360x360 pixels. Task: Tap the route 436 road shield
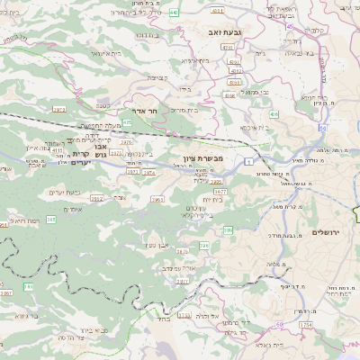273,114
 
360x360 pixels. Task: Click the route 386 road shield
228,230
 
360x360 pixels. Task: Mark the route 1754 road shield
306,325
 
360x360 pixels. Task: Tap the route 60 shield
280,321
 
